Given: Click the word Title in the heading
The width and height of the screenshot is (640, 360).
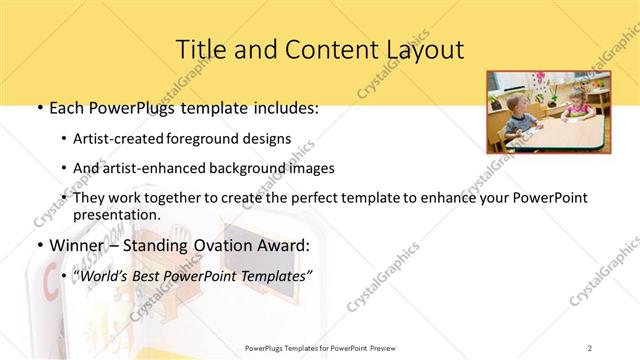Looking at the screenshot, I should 198,49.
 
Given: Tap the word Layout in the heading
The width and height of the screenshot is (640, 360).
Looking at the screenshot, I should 422,49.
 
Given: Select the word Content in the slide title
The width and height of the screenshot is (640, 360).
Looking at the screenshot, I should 314,49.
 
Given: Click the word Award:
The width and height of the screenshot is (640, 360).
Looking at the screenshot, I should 293,244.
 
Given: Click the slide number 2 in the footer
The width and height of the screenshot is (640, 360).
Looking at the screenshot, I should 589,347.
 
